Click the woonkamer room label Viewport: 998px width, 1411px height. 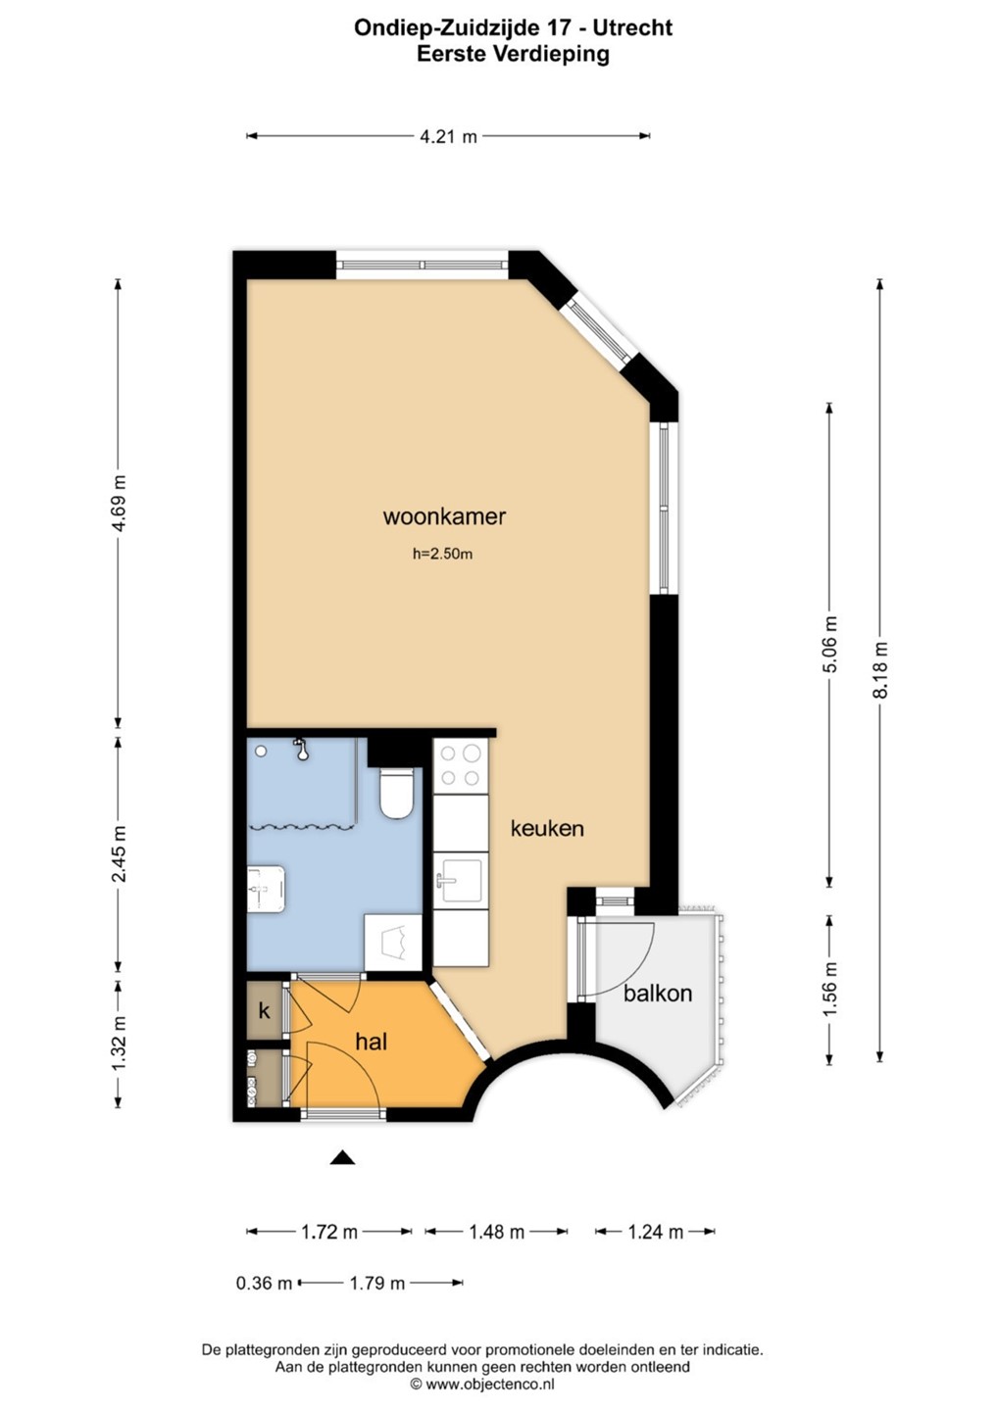point(444,517)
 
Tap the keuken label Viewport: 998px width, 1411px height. point(547,828)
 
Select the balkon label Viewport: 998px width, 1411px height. point(658,994)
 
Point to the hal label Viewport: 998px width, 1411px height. point(372,1042)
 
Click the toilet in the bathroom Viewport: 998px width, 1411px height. point(396,791)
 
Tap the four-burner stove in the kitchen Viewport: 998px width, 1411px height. point(461,766)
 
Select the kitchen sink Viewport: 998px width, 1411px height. point(461,881)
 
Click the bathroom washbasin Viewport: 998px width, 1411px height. point(267,889)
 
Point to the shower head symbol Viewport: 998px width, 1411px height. point(301,750)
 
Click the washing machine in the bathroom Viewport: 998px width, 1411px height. point(394,943)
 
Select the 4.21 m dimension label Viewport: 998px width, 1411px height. point(449,137)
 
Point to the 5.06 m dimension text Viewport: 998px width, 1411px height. point(829,644)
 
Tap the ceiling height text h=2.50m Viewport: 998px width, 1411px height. point(442,555)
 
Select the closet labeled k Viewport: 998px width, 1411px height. point(265,1011)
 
